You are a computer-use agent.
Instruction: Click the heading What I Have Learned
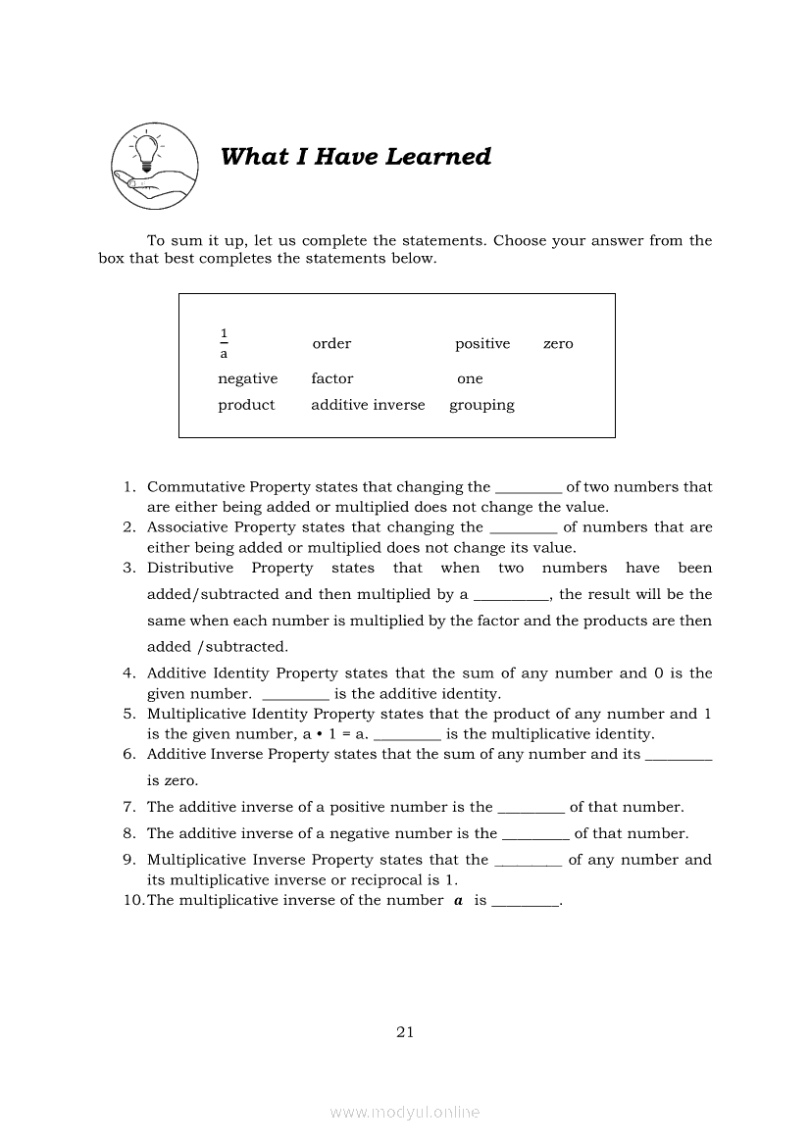(356, 157)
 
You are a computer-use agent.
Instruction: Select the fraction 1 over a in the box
(224, 343)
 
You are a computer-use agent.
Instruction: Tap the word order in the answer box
(331, 344)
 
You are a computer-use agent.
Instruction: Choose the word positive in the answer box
(482, 344)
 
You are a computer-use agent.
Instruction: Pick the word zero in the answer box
(558, 344)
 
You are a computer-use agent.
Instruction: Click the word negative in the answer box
(247, 379)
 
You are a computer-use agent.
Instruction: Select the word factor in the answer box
(332, 379)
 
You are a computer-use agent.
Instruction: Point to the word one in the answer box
(470, 379)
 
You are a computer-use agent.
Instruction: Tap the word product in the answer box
(246, 405)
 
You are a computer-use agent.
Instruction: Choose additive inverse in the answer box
(368, 405)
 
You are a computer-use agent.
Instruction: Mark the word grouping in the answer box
(481, 405)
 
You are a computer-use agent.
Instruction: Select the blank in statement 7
(532, 809)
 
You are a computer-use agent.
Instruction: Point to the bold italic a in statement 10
(458, 900)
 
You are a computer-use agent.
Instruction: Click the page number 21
(405, 1031)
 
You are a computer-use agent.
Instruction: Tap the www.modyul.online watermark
(405, 1112)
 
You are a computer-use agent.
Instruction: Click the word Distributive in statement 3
(190, 569)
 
